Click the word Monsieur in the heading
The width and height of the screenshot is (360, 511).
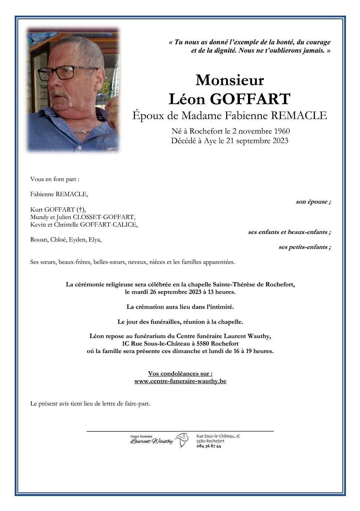click(x=229, y=80)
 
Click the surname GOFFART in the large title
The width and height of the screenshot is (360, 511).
click(x=250, y=99)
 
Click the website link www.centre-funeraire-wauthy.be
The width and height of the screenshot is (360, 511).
click(x=180, y=381)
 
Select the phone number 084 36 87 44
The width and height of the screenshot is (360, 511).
click(x=209, y=446)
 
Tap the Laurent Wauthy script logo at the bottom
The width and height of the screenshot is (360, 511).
click(x=152, y=441)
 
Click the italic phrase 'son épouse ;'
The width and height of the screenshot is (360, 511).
click(x=313, y=202)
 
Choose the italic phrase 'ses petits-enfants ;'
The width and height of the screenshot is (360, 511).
click(x=304, y=247)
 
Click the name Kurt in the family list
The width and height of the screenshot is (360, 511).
click(x=36, y=210)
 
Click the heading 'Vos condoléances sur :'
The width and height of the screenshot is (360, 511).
click(x=180, y=373)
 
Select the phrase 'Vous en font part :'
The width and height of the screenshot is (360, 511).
click(x=55, y=179)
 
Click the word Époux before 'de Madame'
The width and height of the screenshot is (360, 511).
click(x=148, y=116)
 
